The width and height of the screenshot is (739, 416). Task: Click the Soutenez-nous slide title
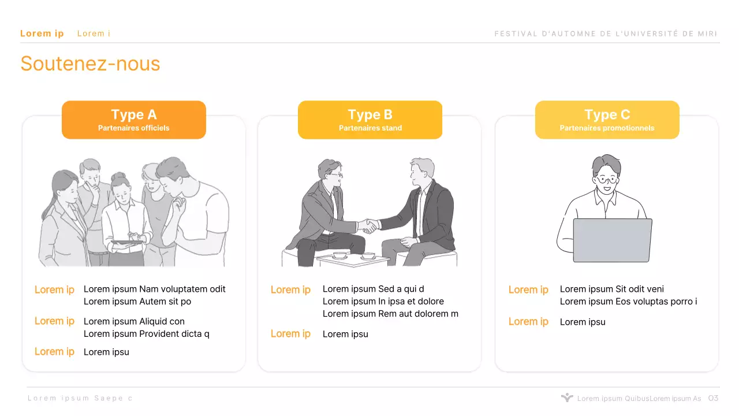[90, 64]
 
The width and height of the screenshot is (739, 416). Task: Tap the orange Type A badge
[134, 120]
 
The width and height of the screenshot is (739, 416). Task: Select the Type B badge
[370, 120]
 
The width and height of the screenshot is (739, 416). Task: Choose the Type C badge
[607, 120]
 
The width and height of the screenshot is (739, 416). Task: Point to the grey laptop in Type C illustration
[613, 240]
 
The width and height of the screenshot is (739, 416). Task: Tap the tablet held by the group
[128, 243]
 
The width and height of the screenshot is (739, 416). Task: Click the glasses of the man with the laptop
[606, 180]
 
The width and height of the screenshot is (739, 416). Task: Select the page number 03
[713, 398]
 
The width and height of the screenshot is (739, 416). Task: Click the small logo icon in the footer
[567, 398]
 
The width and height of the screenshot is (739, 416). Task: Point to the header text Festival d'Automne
[606, 34]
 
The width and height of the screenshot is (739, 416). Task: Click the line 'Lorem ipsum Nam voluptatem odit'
[154, 289]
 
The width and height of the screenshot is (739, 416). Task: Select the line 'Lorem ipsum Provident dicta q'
[147, 334]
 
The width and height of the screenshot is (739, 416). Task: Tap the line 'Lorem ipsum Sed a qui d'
[373, 289]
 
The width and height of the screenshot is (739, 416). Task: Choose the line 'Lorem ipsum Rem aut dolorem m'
[390, 314]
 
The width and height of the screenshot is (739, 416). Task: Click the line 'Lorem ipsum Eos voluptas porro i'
[629, 302]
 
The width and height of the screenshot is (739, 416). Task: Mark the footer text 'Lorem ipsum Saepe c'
[80, 398]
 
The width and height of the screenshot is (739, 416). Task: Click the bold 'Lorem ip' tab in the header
[42, 34]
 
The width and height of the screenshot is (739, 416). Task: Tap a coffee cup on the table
[340, 255]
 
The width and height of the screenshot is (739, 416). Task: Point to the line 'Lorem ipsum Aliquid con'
[134, 322]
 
